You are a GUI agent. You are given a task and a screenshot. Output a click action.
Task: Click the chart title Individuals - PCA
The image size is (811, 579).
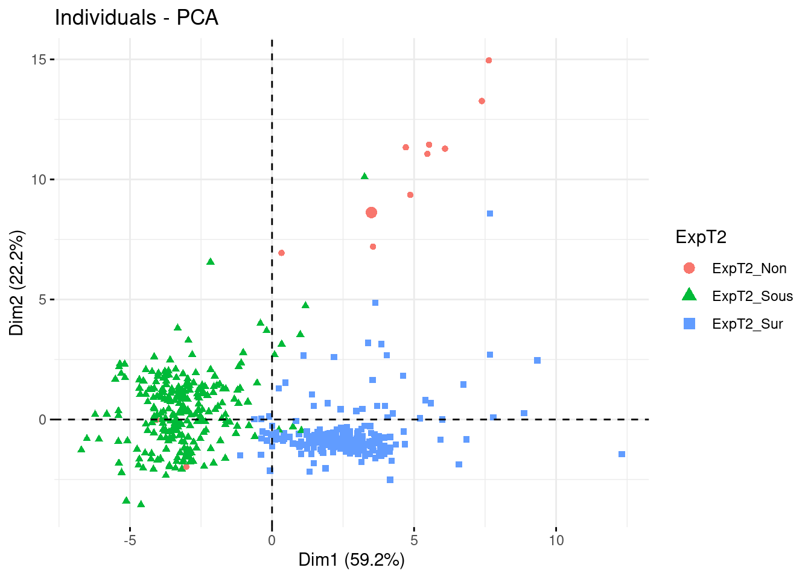pyautogui.click(x=136, y=17)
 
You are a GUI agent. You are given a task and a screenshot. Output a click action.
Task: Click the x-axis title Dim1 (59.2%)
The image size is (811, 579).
pyautogui.click(x=351, y=560)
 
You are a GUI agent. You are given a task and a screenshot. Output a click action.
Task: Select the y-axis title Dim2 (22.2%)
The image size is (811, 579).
pyautogui.click(x=16, y=283)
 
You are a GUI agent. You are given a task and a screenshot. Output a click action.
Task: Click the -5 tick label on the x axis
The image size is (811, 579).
pyautogui.click(x=130, y=540)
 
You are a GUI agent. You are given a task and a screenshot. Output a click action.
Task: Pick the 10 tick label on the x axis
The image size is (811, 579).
pyautogui.click(x=556, y=540)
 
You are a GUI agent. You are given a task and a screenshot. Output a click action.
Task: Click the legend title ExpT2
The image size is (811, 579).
pyautogui.click(x=701, y=237)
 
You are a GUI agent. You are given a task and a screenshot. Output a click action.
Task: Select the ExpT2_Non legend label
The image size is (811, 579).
pyautogui.click(x=749, y=268)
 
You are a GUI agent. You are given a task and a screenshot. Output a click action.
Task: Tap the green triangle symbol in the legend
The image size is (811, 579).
pyautogui.click(x=689, y=295)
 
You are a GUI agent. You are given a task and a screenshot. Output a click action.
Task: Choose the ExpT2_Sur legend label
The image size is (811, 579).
pyautogui.click(x=747, y=324)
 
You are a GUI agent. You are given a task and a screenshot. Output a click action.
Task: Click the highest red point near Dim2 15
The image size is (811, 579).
pyautogui.click(x=489, y=60)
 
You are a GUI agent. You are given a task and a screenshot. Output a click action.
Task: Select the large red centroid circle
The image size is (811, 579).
pyautogui.click(x=371, y=212)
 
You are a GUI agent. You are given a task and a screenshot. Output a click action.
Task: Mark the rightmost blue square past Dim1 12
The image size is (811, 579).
pyautogui.click(x=622, y=454)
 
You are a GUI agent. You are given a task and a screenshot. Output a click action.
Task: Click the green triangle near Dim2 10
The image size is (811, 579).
pyautogui.click(x=364, y=177)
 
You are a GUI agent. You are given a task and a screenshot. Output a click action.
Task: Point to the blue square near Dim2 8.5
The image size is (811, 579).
pyautogui.click(x=490, y=214)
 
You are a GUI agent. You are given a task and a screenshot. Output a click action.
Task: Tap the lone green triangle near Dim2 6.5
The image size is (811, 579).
pyautogui.click(x=211, y=262)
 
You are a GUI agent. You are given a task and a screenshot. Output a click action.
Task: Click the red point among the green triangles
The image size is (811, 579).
pyautogui.click(x=186, y=467)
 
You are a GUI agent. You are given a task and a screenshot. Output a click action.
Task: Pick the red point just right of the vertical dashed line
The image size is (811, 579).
pyautogui.click(x=281, y=253)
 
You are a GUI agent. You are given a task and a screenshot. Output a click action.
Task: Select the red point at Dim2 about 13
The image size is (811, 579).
pyautogui.click(x=482, y=101)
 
